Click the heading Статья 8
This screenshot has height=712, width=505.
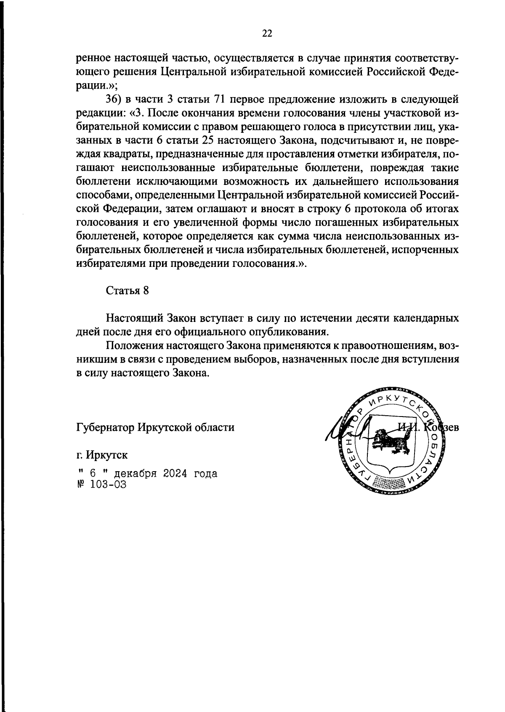coord(127,291)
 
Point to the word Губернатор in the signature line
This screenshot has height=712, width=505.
coord(104,427)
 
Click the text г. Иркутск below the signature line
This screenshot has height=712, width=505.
coord(102,455)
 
